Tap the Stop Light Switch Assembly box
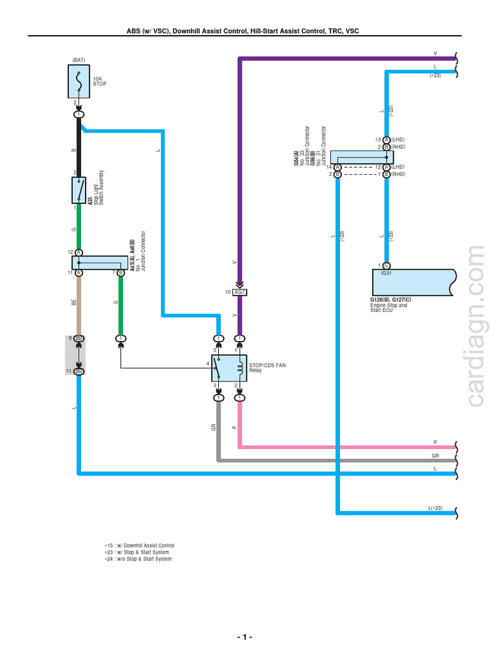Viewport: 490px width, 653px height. [x=79, y=189]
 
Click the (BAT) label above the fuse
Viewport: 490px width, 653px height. [x=79, y=59]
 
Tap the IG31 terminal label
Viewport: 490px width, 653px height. [x=385, y=273]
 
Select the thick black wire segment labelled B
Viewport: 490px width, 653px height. [x=79, y=147]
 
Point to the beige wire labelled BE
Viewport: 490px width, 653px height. [x=79, y=303]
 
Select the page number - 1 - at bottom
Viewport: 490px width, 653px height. [x=244, y=637]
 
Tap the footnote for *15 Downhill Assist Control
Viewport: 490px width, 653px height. [x=139, y=546]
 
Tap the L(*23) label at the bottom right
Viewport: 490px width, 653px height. [x=435, y=508]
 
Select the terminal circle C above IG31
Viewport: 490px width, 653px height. [x=387, y=265]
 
